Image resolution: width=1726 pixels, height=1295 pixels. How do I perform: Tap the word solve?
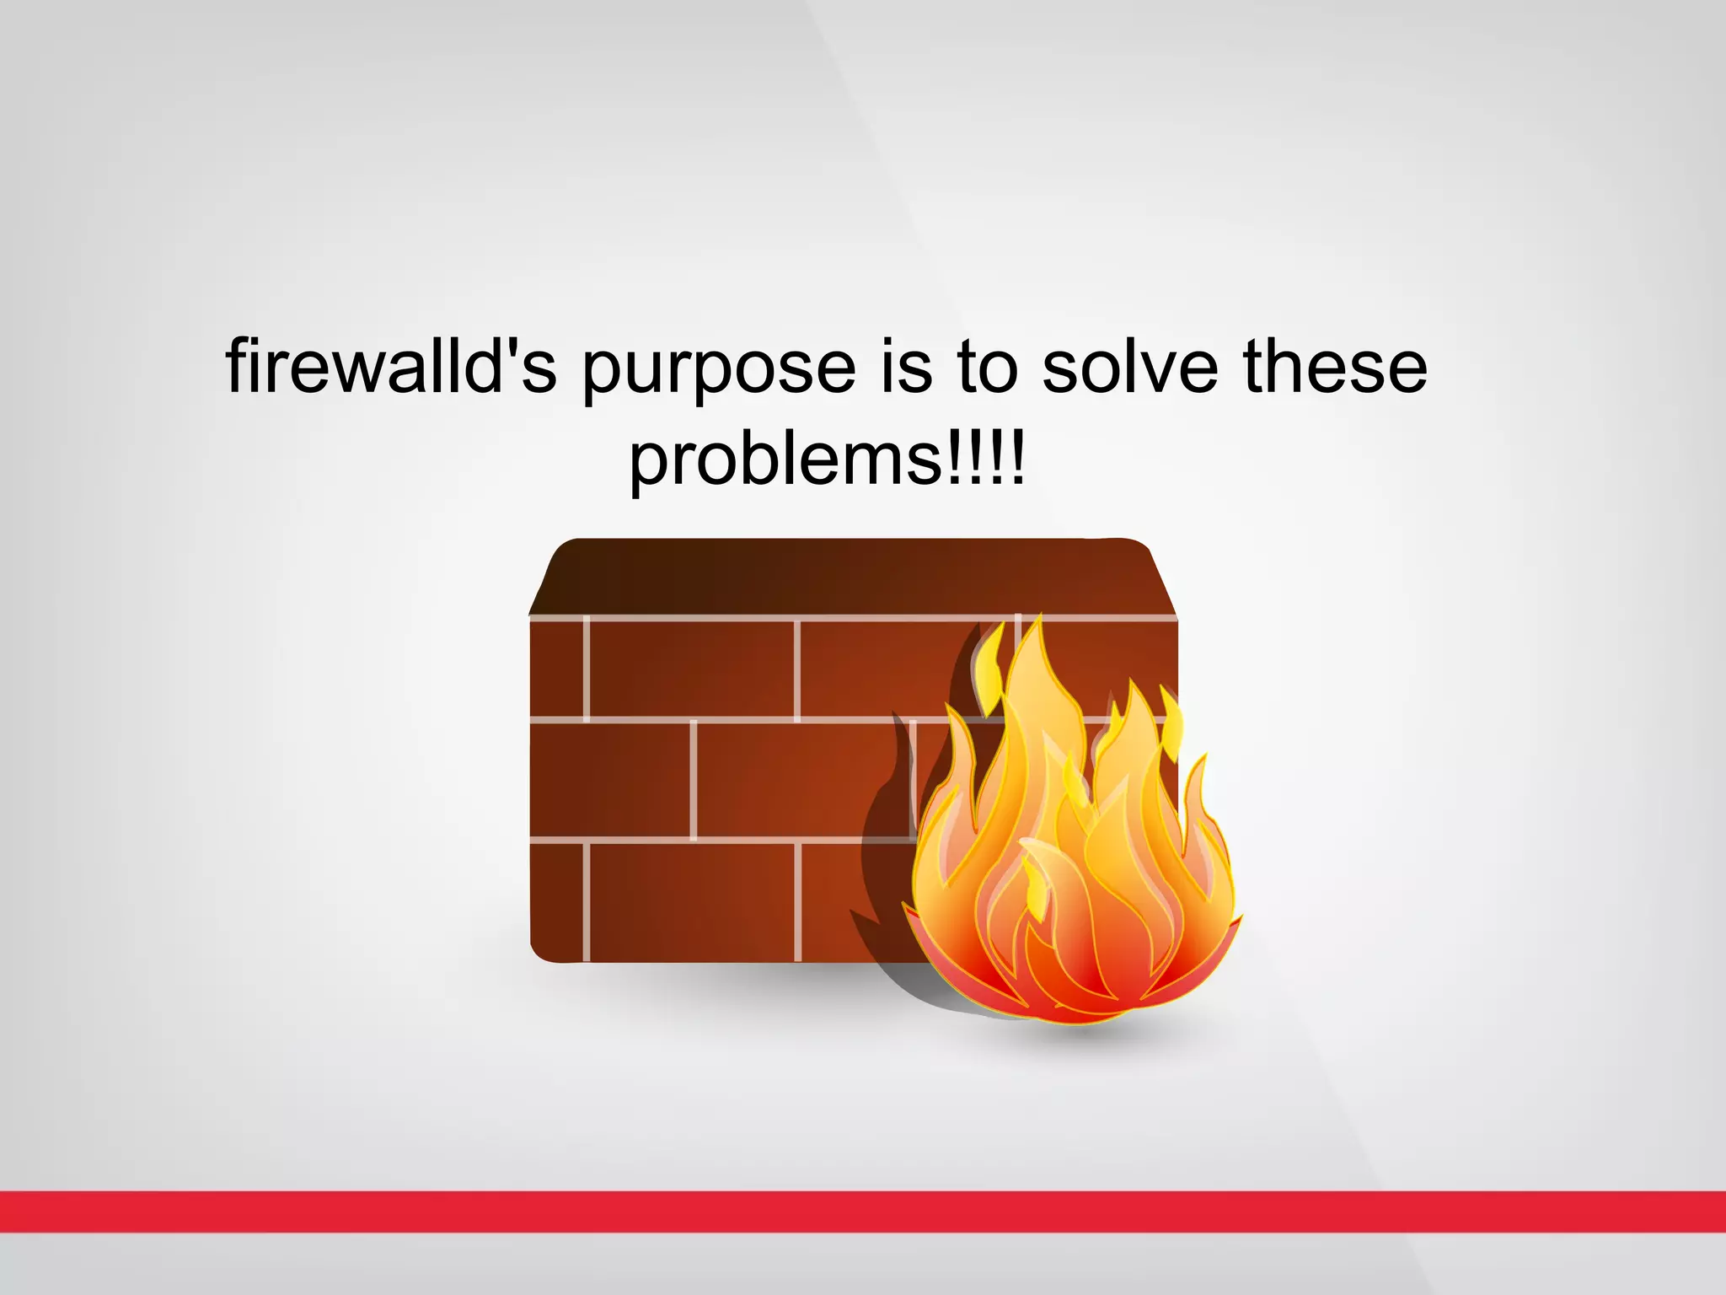pos(1129,368)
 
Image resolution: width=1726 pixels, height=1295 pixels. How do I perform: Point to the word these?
pos(1335,368)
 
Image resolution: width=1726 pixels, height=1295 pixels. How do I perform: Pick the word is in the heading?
pos(907,368)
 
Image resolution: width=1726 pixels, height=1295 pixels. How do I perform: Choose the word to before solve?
pos(987,368)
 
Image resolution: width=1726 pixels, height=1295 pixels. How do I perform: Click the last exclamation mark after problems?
pos(1018,459)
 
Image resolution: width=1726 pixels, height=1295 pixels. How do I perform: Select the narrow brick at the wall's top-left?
pos(556,669)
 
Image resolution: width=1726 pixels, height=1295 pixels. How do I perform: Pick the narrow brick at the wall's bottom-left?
pos(556,900)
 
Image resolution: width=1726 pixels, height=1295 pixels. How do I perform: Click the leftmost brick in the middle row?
pos(610,781)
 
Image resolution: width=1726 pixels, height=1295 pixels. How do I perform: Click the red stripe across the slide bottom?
pos(863,1212)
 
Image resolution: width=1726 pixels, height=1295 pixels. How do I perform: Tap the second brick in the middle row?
pos(801,781)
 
